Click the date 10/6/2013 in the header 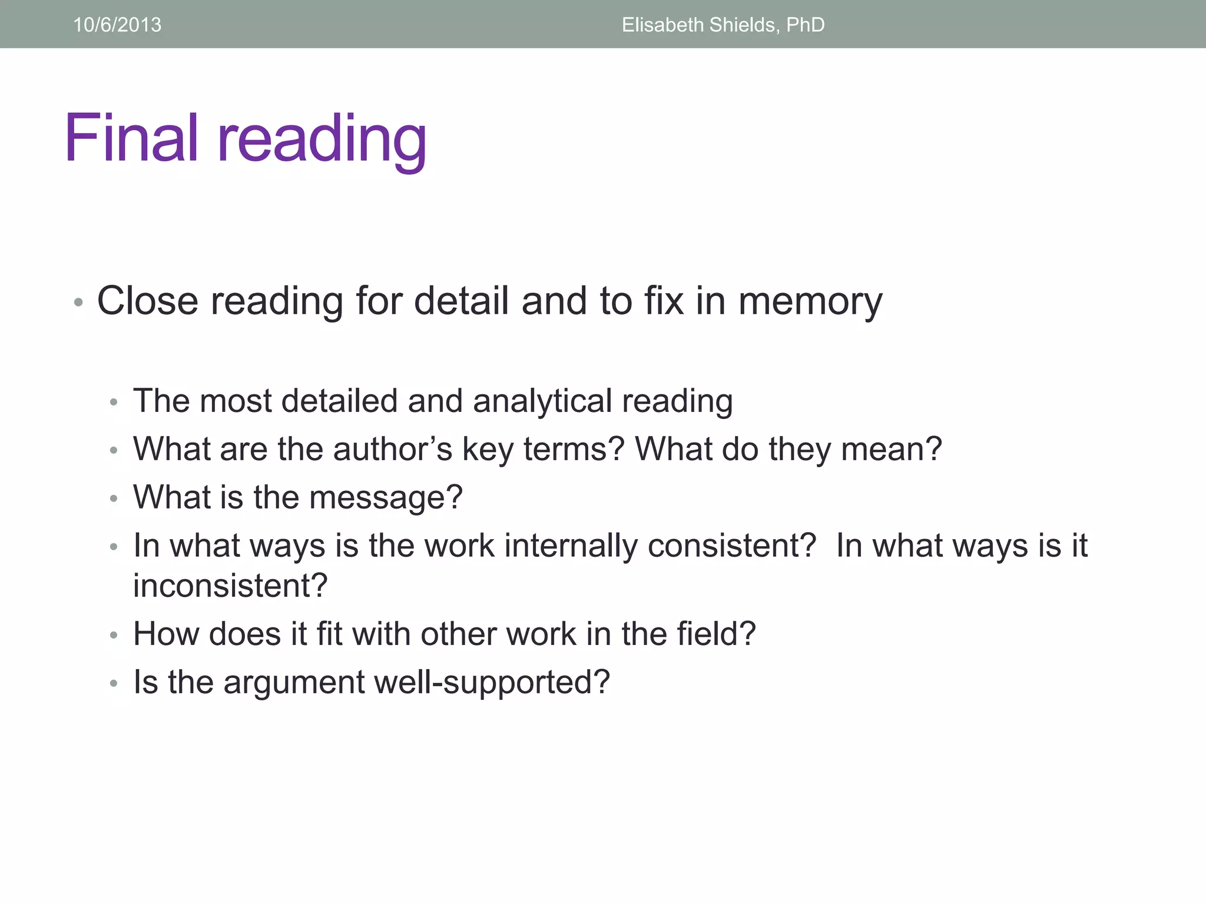point(117,25)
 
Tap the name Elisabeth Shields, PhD point(723,25)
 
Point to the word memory point(810,301)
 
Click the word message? point(386,498)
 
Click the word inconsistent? point(230,586)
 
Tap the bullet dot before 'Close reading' point(78,303)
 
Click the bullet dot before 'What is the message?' point(114,499)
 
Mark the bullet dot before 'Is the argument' point(114,684)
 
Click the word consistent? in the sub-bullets point(732,546)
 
